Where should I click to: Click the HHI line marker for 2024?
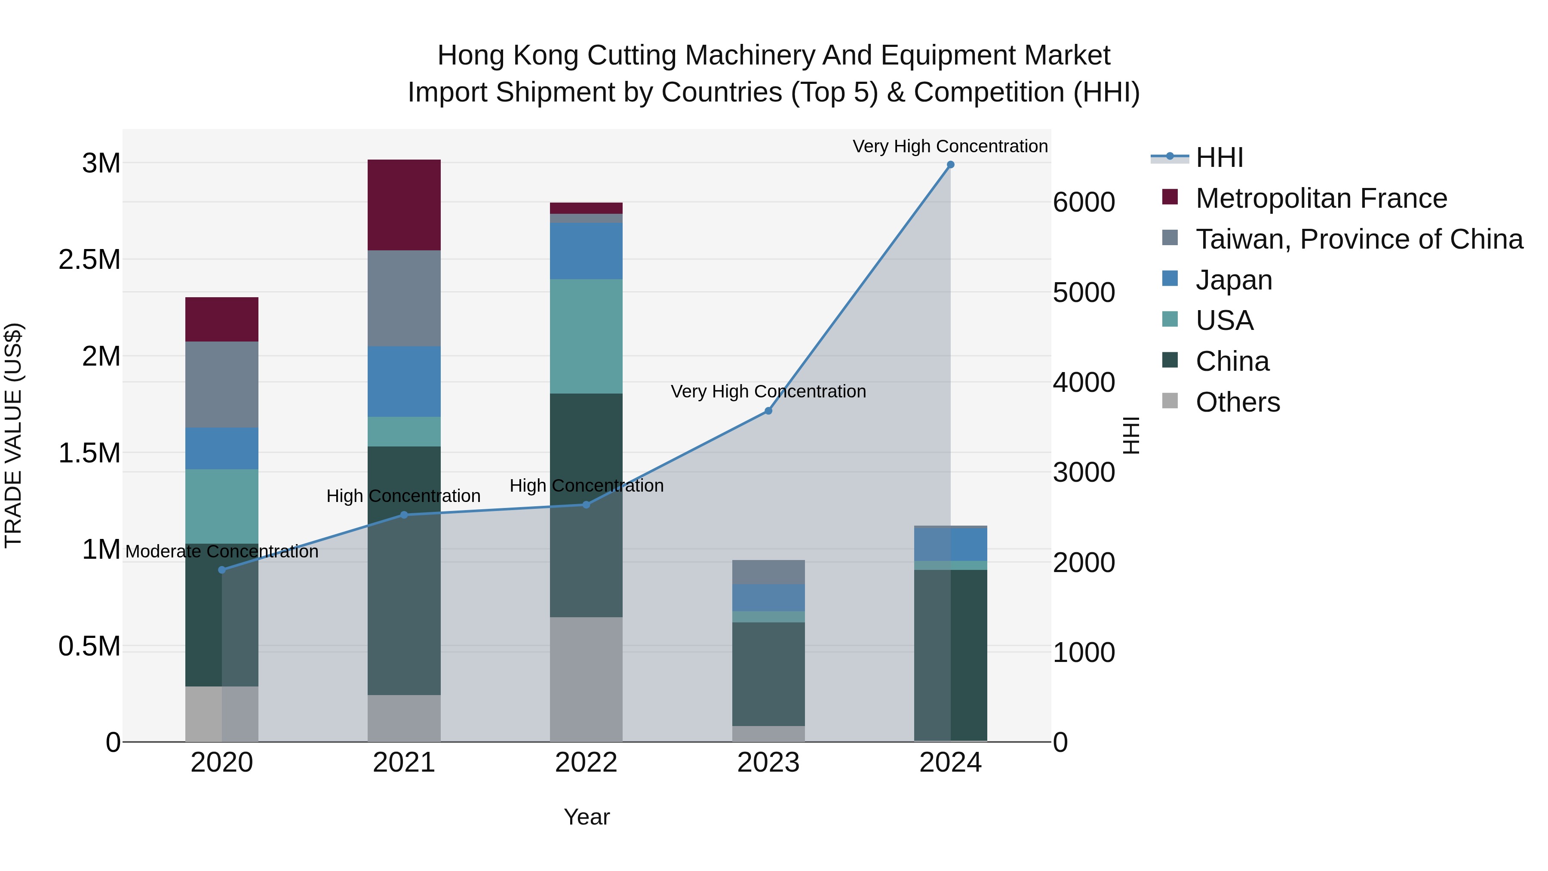click(x=950, y=165)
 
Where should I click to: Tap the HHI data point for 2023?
click(x=768, y=411)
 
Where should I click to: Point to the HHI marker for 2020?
click(x=222, y=570)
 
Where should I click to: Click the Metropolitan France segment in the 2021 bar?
click(x=404, y=205)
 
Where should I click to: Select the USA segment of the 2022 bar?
click(x=586, y=337)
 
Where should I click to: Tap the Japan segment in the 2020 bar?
click(x=222, y=449)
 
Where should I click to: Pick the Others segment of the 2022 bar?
click(x=586, y=679)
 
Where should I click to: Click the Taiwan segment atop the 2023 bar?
click(x=768, y=572)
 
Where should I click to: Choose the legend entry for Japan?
click(x=1234, y=280)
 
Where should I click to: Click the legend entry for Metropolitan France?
click(x=1321, y=198)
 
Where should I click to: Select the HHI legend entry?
click(x=1219, y=157)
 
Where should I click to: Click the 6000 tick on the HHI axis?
click(x=1084, y=202)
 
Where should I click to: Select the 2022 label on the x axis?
click(x=586, y=763)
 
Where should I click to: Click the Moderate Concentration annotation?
click(x=222, y=551)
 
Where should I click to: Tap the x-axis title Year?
click(x=587, y=817)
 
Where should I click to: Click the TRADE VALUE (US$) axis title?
click(x=13, y=435)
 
